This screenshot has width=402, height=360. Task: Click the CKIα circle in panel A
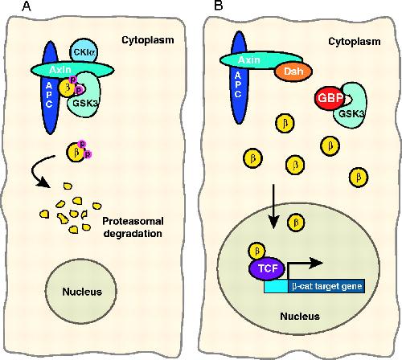pyautogui.click(x=84, y=51)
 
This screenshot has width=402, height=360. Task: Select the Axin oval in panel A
pyautogui.click(x=72, y=70)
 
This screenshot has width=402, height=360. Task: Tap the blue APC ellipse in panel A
pyautogui.click(x=50, y=88)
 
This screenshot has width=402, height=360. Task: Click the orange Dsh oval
pyautogui.click(x=293, y=72)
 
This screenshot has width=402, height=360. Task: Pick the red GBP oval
pyautogui.click(x=330, y=98)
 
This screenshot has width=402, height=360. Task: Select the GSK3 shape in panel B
pyautogui.click(x=351, y=106)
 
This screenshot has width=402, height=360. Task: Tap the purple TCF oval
pyautogui.click(x=267, y=268)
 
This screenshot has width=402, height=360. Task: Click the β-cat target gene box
pyautogui.click(x=326, y=286)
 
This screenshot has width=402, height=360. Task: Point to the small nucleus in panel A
pyautogui.click(x=81, y=291)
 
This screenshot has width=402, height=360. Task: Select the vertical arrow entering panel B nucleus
pyautogui.click(x=273, y=207)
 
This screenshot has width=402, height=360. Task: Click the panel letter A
pyautogui.click(x=27, y=6)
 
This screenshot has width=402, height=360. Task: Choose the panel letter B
pyautogui.click(x=219, y=6)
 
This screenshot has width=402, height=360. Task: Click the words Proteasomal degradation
pyautogui.click(x=133, y=227)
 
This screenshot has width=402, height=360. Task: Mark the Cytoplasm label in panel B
pyautogui.click(x=355, y=42)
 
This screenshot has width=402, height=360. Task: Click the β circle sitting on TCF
pyautogui.click(x=257, y=252)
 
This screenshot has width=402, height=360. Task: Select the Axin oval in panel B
pyautogui.click(x=261, y=60)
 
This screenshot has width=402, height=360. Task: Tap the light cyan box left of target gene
pyautogui.click(x=276, y=286)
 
